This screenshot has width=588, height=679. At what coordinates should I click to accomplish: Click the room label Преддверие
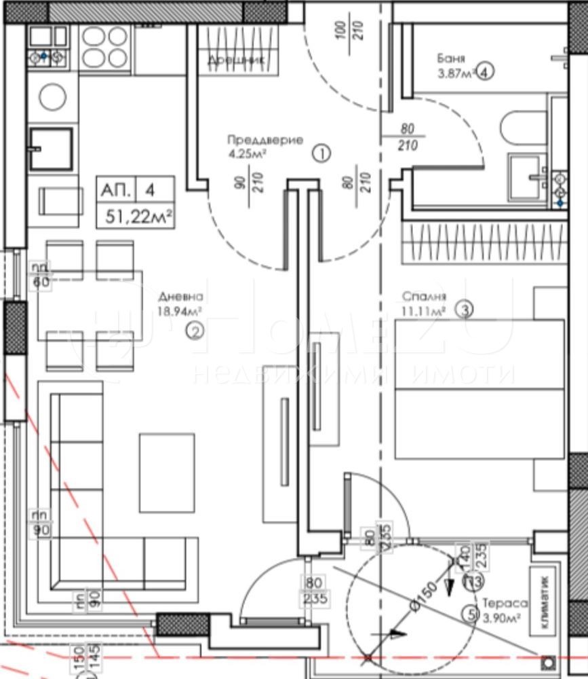(265, 141)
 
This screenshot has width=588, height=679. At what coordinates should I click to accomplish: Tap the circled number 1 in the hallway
(321, 154)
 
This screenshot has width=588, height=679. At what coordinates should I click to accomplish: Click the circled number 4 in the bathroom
(484, 71)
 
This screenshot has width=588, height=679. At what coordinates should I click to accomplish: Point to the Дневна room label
(180, 297)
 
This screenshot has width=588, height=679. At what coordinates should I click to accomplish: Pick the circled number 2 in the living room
(195, 331)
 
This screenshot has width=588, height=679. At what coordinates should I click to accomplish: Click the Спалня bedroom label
(424, 297)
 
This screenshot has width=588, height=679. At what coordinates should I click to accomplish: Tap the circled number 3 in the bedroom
(464, 310)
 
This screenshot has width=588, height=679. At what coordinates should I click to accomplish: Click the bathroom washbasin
(529, 175)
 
